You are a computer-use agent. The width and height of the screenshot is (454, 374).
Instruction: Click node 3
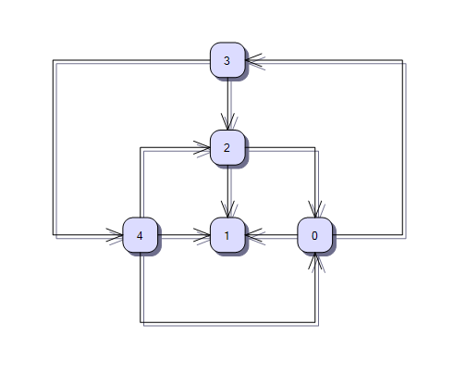pos(227,60)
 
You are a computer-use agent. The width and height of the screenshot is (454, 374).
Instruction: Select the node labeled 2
pos(227,147)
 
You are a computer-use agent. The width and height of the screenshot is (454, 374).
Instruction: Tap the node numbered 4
pos(141,235)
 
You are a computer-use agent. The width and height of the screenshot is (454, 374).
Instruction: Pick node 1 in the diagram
pos(227,235)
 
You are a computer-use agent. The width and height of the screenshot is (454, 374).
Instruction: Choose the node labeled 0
pos(315,235)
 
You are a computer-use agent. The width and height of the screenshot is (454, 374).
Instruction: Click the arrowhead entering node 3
pos(253,60)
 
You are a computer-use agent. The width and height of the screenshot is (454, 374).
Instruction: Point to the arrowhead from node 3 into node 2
pos(227,121)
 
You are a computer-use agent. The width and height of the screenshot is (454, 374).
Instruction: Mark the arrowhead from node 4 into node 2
pos(202,147)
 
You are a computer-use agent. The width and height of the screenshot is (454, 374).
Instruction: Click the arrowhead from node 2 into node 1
pos(227,209)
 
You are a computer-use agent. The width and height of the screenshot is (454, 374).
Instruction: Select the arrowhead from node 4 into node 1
pos(202,235)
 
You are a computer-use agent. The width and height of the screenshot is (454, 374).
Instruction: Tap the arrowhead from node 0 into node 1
pos(253,235)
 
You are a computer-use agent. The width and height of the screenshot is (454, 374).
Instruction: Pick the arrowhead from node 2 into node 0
pos(315,209)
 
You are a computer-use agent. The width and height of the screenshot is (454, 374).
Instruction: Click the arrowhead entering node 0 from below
pos(315,261)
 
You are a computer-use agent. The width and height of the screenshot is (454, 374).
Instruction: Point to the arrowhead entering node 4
pos(115,235)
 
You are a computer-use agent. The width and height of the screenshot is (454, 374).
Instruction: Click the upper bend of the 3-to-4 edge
pos(53,60)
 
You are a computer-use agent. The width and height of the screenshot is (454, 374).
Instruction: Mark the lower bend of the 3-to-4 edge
pos(53,235)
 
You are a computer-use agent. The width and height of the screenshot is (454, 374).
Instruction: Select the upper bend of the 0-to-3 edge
pos(402,60)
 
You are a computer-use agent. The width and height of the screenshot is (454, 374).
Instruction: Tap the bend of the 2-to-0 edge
pos(315,147)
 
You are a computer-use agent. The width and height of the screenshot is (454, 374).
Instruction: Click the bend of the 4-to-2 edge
pos(141,147)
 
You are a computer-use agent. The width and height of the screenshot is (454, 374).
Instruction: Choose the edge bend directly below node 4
pos(141,322)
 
